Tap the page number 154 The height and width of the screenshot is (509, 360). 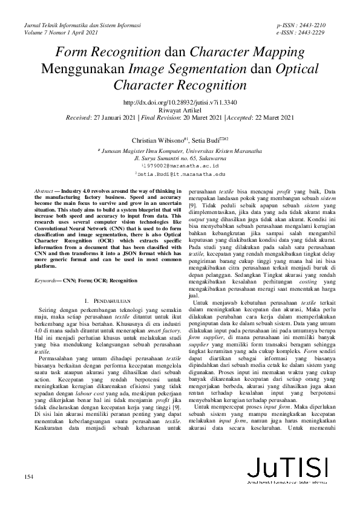pos(28,478)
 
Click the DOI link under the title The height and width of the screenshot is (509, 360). pos(180,103)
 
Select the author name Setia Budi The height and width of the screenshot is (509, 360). pos(206,140)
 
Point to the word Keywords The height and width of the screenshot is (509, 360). pos(47,265)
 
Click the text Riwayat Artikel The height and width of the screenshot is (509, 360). pos(180,111)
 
